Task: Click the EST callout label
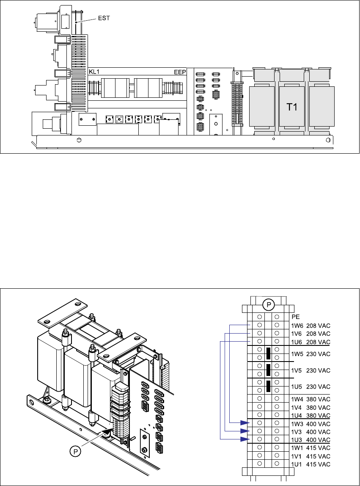[x=104, y=18]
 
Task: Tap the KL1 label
[x=94, y=72]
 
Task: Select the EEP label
[x=180, y=72]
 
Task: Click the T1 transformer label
[x=292, y=107]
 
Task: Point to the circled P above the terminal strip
[x=269, y=305]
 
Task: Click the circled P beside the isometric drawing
[x=75, y=451]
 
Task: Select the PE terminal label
[x=296, y=317]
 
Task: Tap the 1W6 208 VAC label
[x=311, y=326]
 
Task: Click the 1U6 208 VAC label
[x=311, y=342]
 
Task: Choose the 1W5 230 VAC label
[x=311, y=354]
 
